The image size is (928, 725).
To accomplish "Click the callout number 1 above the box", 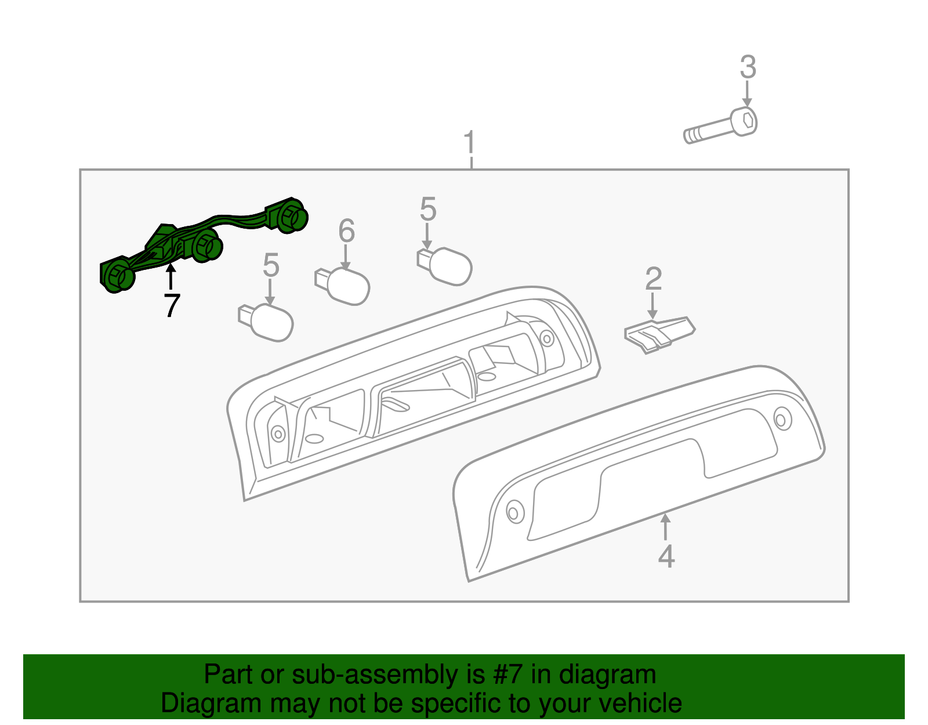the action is point(469,142).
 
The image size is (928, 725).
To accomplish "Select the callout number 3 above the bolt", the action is point(748,67).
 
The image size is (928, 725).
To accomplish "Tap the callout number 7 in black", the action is point(172,305).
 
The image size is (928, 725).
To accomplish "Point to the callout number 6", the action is point(346,230).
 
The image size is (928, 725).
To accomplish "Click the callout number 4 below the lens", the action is point(666,556).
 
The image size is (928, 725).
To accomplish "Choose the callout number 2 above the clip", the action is point(654,279).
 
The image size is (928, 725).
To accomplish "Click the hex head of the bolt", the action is point(744,122).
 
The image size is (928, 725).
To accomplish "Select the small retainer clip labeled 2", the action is point(659,334).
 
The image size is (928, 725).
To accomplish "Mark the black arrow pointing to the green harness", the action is point(171,277).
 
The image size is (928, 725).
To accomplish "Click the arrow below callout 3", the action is point(747,93).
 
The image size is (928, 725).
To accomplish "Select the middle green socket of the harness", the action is point(204,245).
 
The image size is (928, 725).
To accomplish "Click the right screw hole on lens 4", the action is point(781,419).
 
